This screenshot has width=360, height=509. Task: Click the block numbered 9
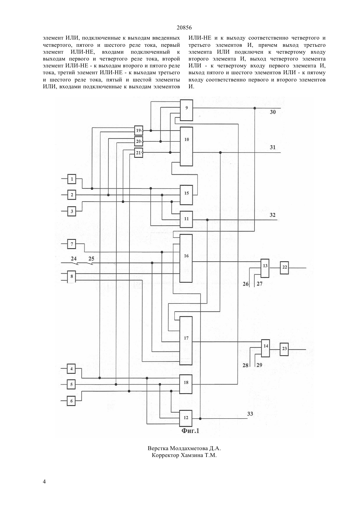point(186,110)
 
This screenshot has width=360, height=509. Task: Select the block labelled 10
point(186,146)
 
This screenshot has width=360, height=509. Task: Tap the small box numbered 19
point(138,131)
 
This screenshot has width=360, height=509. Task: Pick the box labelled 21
point(138,153)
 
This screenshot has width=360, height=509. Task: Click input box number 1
point(72,179)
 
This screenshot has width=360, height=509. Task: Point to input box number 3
point(72,211)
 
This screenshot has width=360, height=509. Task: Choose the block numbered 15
point(186,195)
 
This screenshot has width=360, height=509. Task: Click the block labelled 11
point(186,219)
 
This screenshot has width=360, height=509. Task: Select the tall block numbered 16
point(186,258)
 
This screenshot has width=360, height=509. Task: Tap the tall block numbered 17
point(186,341)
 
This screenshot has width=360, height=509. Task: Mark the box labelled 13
point(265,268)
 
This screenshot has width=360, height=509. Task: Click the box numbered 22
point(284,268)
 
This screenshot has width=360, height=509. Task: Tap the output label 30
point(273,112)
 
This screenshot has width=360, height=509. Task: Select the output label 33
point(250,414)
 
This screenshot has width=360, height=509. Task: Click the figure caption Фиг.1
point(190,431)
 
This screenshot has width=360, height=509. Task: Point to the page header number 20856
point(184,28)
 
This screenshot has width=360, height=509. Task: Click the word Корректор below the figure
point(165,455)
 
